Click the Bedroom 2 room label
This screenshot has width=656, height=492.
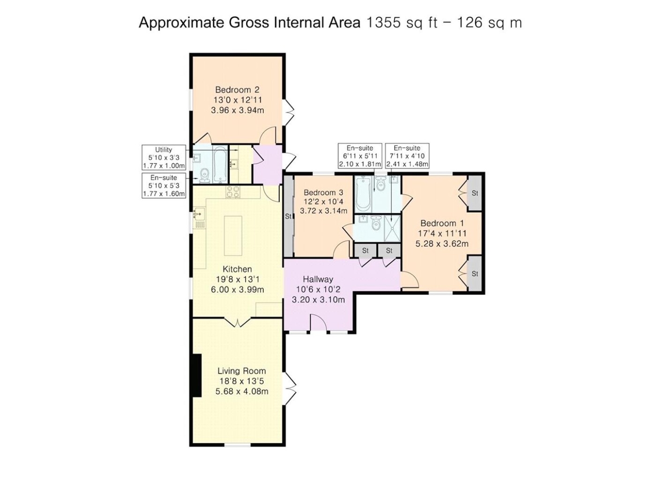(x=237, y=89)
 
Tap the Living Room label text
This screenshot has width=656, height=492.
(x=241, y=371)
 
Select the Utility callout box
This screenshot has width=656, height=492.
(x=164, y=157)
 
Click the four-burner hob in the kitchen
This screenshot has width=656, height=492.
(x=233, y=192)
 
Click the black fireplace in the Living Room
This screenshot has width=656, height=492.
(x=196, y=375)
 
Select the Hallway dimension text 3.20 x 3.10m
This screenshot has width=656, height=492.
(x=318, y=299)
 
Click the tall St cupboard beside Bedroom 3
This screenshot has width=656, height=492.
(x=288, y=216)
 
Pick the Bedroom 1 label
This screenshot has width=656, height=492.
(x=442, y=223)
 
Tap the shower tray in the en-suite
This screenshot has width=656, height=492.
(x=392, y=228)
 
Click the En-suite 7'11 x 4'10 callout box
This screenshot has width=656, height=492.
(x=407, y=156)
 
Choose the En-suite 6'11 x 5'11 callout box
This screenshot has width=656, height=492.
(x=360, y=156)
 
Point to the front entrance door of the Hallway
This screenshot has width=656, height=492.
(x=319, y=322)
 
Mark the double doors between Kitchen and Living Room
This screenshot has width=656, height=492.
(x=238, y=322)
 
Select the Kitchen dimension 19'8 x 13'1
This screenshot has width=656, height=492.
(x=238, y=279)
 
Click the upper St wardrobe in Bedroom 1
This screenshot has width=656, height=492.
(x=474, y=193)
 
